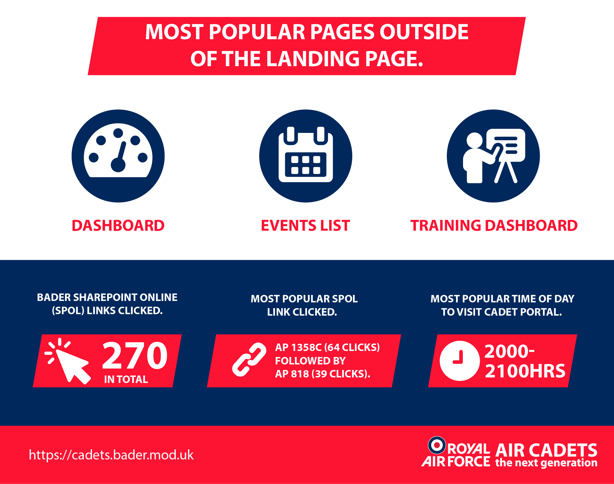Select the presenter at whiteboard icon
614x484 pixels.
[493, 156]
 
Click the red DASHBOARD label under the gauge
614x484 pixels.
[118, 226]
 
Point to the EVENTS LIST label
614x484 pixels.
[306, 226]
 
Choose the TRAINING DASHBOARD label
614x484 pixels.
[494, 226]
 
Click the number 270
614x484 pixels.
[135, 355]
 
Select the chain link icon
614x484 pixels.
[249, 360]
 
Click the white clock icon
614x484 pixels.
[460, 361]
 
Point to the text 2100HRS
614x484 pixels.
[525, 371]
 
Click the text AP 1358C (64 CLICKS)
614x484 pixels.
[327, 347]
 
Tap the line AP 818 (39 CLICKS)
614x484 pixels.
[323, 374]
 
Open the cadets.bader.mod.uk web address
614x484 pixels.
[111, 455]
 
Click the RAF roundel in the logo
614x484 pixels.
[437, 445]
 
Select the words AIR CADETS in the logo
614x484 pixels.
[546, 450]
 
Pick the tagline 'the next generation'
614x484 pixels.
[546, 463]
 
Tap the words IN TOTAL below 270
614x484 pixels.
[126, 379]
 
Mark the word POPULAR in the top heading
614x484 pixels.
[257, 32]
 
